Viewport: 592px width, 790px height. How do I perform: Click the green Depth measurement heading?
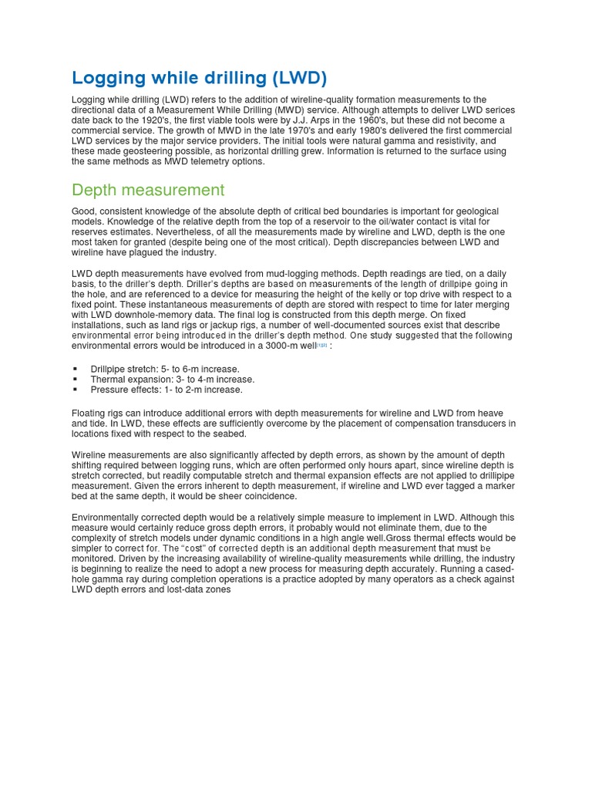[148, 190]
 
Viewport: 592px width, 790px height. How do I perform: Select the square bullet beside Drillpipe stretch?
[76, 370]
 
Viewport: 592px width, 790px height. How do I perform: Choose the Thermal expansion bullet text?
[172, 380]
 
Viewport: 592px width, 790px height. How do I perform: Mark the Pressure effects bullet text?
[166, 390]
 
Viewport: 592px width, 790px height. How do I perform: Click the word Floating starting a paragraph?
[89, 414]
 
